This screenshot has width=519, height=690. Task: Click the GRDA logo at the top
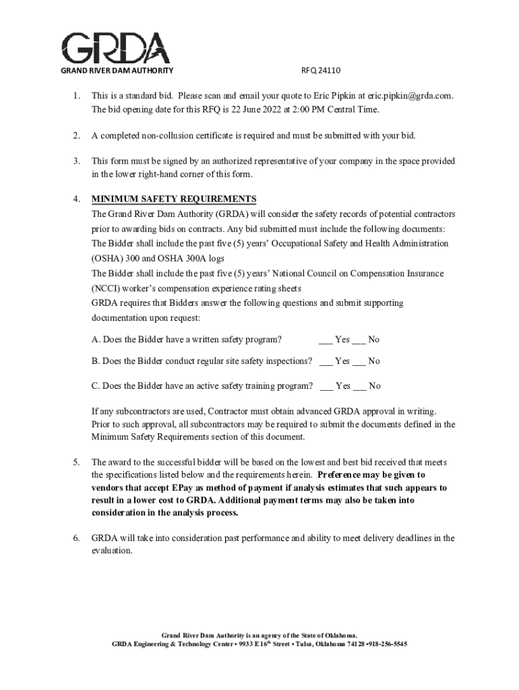pos(116,49)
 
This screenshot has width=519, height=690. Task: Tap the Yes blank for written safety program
pos(326,340)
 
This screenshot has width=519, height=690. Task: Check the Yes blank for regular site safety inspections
pos(326,361)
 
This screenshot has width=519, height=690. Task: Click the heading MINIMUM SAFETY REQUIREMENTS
pos(174,199)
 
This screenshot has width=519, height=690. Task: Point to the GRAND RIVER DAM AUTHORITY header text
pos(117,71)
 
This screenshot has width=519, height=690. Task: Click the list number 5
pos(77,462)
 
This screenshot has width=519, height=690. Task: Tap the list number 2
pos(77,135)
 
